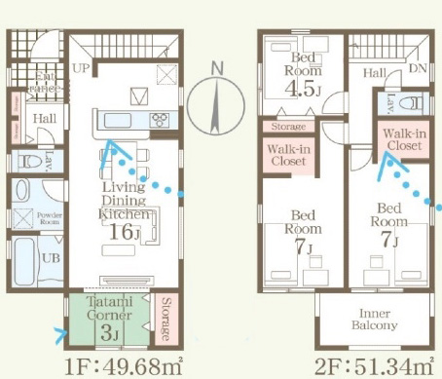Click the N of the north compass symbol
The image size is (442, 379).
click(217, 68)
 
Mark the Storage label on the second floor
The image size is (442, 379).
click(289, 127)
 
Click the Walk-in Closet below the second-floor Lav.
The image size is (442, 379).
click(402, 137)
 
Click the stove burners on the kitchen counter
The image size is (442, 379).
click(160, 120)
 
